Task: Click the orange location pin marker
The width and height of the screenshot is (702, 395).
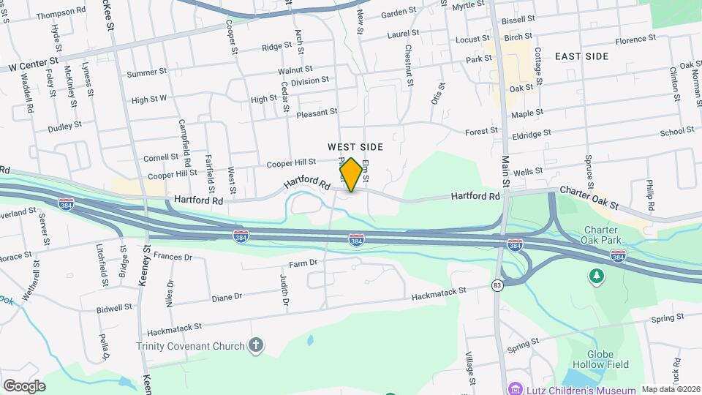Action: point(351,175)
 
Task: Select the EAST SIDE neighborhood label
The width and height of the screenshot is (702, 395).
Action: point(581,56)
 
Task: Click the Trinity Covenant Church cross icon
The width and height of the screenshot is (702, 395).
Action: point(255,345)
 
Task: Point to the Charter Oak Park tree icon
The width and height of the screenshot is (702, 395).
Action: point(597,275)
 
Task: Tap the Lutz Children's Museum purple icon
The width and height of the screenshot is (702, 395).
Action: point(516,388)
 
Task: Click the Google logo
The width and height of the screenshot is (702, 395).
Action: point(24,385)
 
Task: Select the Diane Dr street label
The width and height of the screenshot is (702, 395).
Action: point(226,297)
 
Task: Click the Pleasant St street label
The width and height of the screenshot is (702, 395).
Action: point(317,113)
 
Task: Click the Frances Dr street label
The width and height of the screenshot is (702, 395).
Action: point(173,257)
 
